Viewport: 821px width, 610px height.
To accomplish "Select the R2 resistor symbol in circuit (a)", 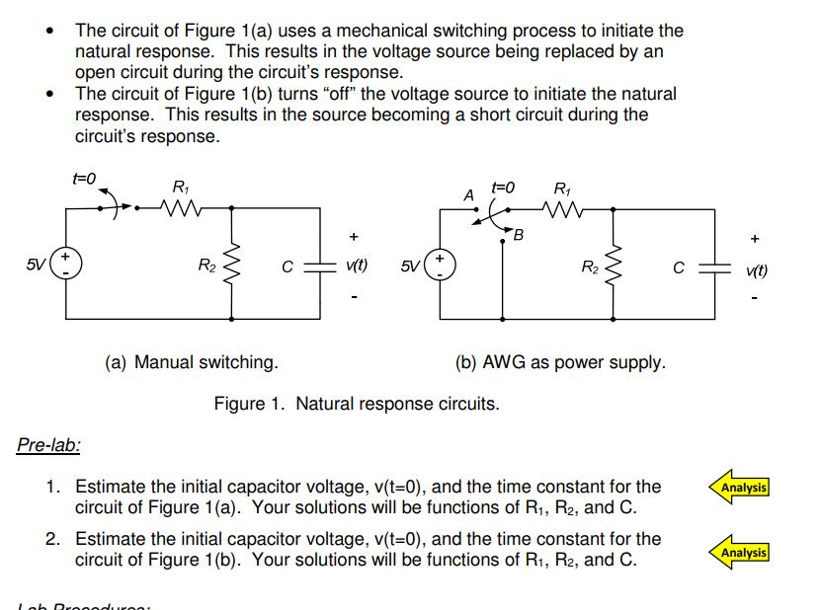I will click(x=234, y=264).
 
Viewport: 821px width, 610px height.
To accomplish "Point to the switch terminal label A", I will click(x=469, y=195).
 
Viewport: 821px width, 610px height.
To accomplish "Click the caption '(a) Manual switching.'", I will click(x=191, y=362).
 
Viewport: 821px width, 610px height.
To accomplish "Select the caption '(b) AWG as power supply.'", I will click(x=560, y=362).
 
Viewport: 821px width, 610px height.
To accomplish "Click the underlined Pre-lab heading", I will click(x=48, y=445).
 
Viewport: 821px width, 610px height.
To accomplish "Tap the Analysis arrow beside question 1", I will click(x=739, y=488).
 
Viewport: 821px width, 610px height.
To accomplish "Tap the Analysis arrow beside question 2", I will click(x=739, y=552).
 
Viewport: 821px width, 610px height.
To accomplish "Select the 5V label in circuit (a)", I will click(x=36, y=265).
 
